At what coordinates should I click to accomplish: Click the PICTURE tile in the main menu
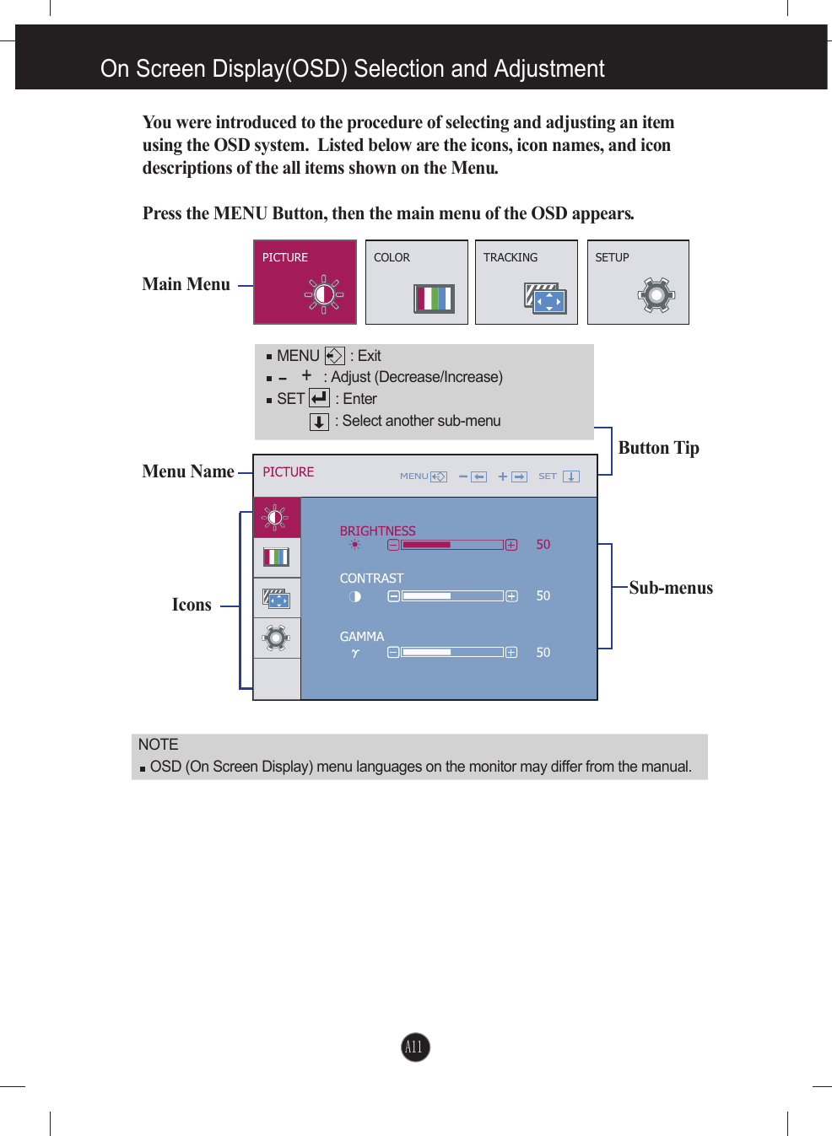pos(305,282)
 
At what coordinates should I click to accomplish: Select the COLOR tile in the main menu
pos(416,282)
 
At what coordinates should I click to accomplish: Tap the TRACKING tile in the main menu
pos(526,282)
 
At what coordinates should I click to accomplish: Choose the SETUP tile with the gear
pos(638,282)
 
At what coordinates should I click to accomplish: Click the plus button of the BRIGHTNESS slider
pos(511,545)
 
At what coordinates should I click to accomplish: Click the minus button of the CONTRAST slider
pos(393,596)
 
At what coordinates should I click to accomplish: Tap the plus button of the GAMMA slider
pos(511,652)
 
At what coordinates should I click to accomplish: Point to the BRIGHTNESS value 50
pos(543,545)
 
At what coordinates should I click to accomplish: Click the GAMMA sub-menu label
pos(361,637)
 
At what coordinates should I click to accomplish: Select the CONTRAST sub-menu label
pos(371,579)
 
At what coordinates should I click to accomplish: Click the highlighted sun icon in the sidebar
pos(276,517)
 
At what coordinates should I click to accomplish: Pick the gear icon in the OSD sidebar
pos(276,638)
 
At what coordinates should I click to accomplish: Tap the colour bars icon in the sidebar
pos(276,557)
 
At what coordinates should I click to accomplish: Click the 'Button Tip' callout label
pos(658,448)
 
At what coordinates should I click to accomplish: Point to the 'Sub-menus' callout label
pos(670,588)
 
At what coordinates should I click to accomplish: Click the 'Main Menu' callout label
pos(186,284)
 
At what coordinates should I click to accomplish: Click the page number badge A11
pos(414,1047)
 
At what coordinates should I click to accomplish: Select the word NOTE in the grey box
pos(158,745)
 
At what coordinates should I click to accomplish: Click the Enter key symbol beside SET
pos(319,398)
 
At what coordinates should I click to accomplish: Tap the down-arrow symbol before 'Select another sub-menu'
pos(319,422)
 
